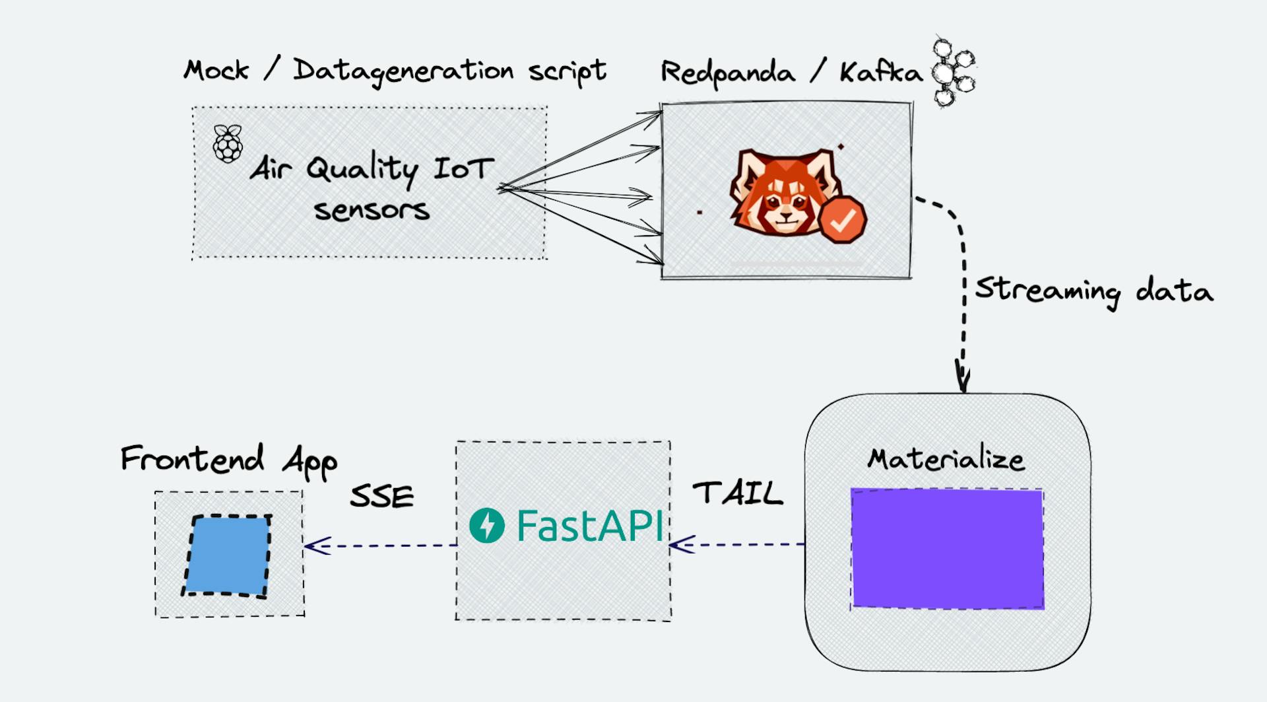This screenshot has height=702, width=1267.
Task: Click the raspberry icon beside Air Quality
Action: tap(228, 143)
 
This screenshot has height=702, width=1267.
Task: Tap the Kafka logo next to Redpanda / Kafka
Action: tap(952, 72)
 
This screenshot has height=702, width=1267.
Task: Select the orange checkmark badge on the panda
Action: tap(842, 219)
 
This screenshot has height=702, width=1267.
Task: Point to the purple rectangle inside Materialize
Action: tap(947, 548)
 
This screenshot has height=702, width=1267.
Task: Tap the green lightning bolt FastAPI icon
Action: tap(487, 526)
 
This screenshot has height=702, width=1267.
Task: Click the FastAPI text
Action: tap(589, 526)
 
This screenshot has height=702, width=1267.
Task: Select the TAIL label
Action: tap(737, 493)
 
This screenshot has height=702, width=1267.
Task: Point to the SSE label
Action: tap(381, 497)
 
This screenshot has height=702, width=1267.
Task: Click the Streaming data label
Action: tap(1094, 291)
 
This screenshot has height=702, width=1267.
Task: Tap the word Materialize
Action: tap(946, 458)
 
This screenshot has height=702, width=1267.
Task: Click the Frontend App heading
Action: tap(228, 460)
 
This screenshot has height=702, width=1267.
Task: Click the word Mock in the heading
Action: tap(216, 70)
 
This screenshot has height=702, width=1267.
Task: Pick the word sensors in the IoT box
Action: tap(372, 211)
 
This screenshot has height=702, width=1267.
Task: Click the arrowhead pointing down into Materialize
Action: tap(963, 380)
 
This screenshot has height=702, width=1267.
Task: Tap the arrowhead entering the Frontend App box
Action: tap(315, 545)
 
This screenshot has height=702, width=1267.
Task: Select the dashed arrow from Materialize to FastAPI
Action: tap(737, 545)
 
